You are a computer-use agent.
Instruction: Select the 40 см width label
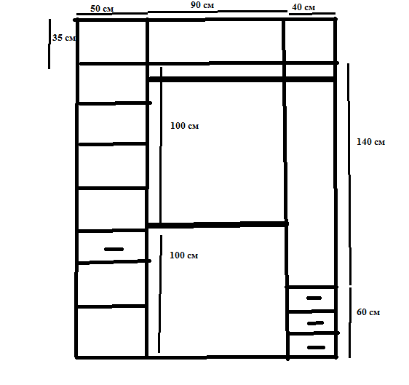[x=303, y=7]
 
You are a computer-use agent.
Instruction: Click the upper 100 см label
[x=184, y=126]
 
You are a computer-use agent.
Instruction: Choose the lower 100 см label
[x=184, y=255]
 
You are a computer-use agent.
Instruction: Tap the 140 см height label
[x=370, y=142]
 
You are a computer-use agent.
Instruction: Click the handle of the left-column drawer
[x=114, y=249]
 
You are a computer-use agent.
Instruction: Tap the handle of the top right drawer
[x=314, y=298]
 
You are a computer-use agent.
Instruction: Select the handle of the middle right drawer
[x=315, y=322]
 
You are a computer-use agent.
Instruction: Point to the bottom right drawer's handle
[x=315, y=346]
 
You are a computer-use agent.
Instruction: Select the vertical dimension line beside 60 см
[x=350, y=320]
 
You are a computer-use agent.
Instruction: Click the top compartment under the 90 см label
[x=215, y=41]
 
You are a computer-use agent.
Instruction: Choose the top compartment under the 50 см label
[x=113, y=41]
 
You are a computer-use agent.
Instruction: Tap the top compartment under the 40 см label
[x=309, y=41]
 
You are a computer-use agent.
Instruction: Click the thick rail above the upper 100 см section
[x=240, y=79]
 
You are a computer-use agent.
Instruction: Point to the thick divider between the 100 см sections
[x=217, y=225]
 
